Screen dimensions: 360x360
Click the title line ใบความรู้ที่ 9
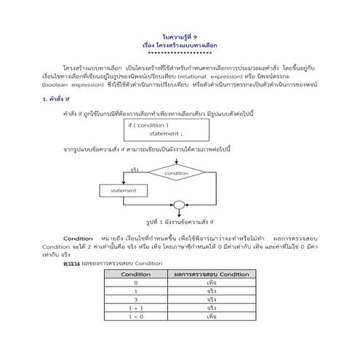180,36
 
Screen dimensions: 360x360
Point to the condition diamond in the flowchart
177,174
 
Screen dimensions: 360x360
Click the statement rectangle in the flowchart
123,191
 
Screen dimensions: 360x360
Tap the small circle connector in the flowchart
177,206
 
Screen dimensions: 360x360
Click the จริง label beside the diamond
135,171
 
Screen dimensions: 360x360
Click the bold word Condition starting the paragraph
78,239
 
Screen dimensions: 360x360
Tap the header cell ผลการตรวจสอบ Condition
210,274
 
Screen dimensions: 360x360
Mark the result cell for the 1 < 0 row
210,317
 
